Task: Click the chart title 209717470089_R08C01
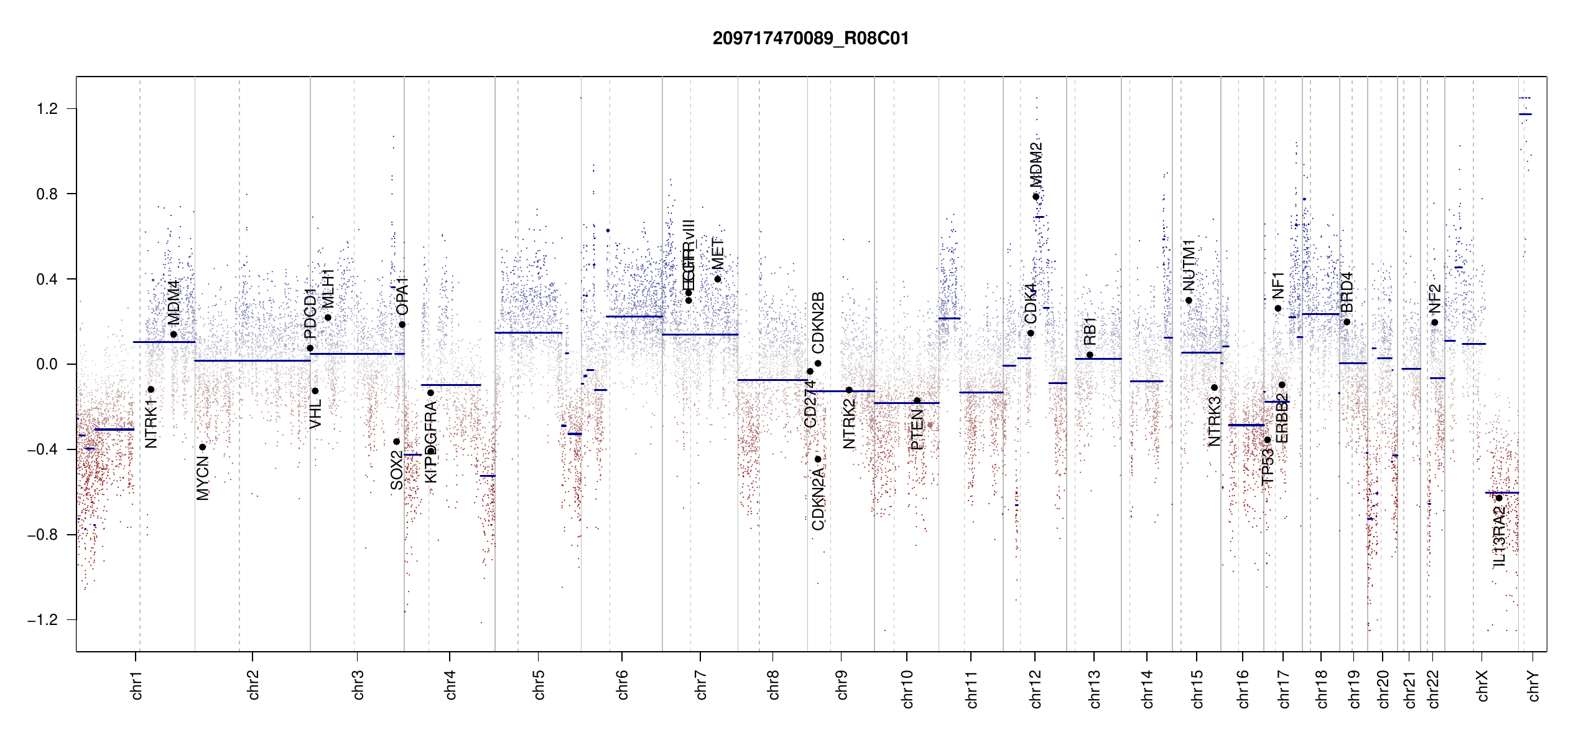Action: pyautogui.click(x=810, y=39)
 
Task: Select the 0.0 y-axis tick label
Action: pyautogui.click(x=47, y=364)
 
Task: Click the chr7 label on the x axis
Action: pyautogui.click(x=701, y=685)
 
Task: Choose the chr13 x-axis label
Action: pyautogui.click(x=1094, y=688)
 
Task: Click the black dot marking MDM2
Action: pyautogui.click(x=1036, y=197)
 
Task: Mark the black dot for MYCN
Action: pyautogui.click(x=202, y=447)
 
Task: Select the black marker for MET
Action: pyautogui.click(x=718, y=279)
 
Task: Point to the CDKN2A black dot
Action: pyautogui.click(x=818, y=459)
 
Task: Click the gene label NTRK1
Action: pyautogui.click(x=151, y=424)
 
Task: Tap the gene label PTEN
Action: pyautogui.click(x=917, y=430)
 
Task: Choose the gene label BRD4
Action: pyautogui.click(x=1347, y=293)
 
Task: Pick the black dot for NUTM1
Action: pyautogui.click(x=1189, y=301)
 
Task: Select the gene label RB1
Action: pyautogui.click(x=1090, y=331)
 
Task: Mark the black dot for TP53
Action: pyautogui.click(x=1268, y=440)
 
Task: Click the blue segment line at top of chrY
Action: pyautogui.click(x=1525, y=115)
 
